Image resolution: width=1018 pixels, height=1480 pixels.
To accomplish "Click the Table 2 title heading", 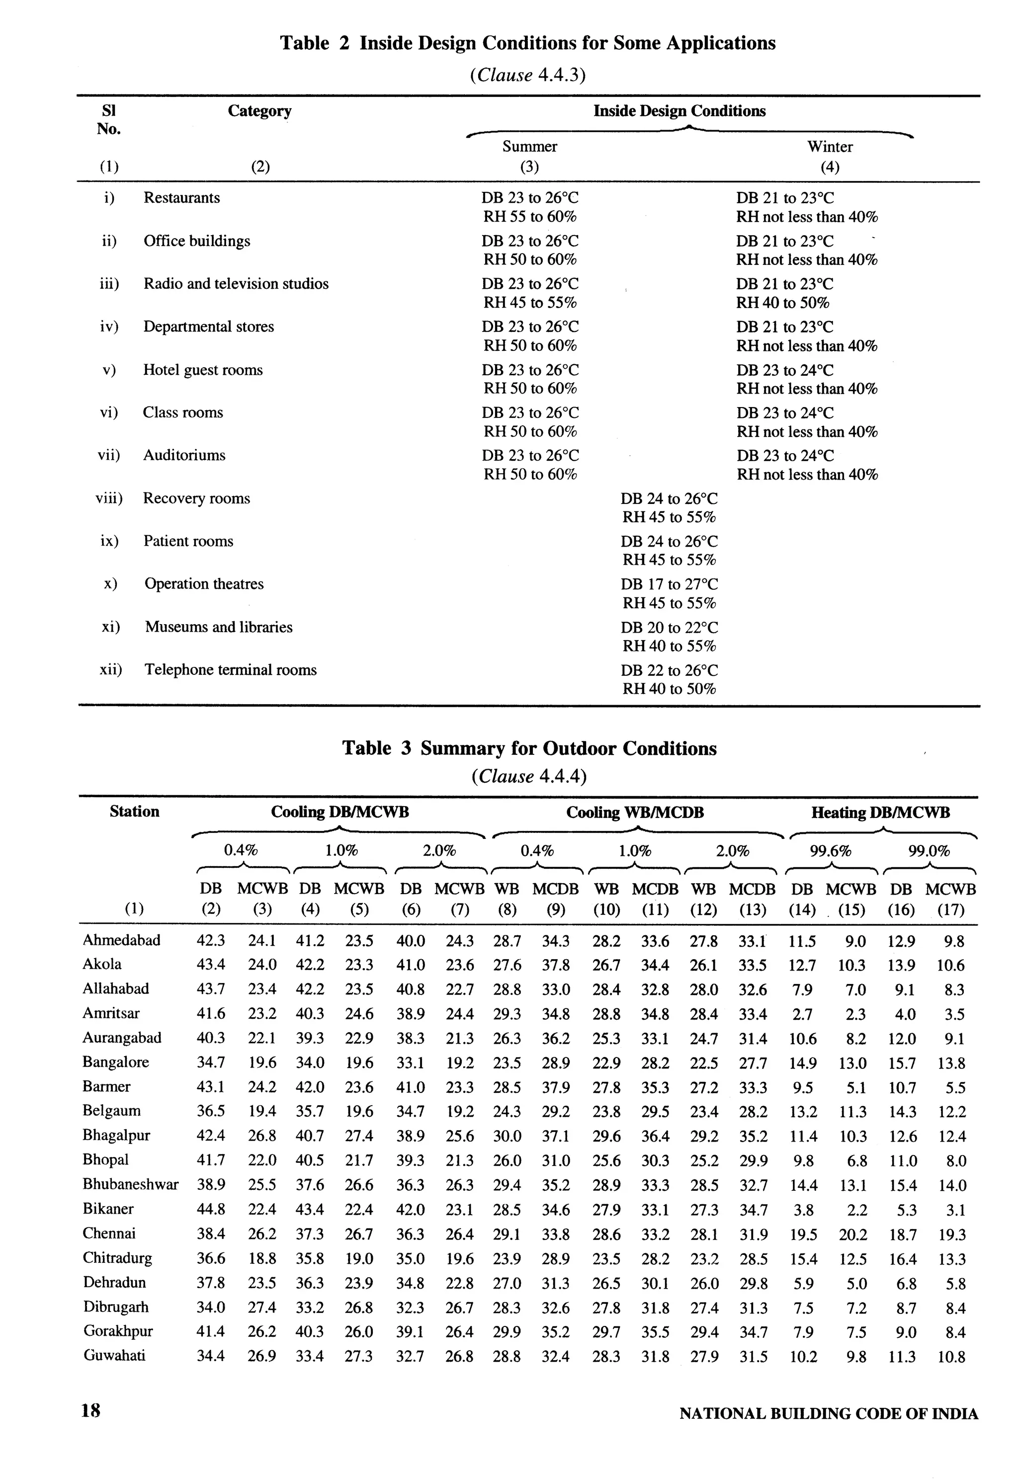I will [527, 43].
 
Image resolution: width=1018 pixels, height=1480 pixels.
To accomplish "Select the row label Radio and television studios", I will [236, 284].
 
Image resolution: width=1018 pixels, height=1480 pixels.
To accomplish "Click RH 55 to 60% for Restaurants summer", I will [529, 217].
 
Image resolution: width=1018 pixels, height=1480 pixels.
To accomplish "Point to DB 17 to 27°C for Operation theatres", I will [669, 584].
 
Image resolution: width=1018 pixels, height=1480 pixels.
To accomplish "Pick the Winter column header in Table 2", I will [829, 147].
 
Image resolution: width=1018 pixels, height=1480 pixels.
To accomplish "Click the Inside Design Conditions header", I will [679, 111].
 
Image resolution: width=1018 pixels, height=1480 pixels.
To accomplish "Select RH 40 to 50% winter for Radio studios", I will [782, 303].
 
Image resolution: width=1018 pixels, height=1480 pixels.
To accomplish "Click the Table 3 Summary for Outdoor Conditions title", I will [529, 748].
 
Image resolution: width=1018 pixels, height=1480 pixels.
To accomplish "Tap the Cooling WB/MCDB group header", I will [635, 813].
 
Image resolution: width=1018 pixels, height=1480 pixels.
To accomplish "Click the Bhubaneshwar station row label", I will [130, 1184].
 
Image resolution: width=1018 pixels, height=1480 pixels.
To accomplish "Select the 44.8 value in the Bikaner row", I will [210, 1209].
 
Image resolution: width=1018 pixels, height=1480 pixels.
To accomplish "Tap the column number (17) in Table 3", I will [950, 910].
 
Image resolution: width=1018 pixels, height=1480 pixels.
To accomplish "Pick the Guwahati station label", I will [114, 1356].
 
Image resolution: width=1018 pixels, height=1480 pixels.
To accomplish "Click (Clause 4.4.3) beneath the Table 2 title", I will [527, 75].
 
